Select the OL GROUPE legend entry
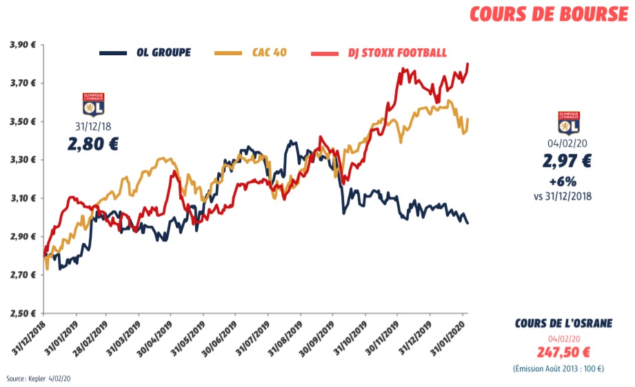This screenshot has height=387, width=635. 163,53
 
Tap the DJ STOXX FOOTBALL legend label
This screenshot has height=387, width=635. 396,53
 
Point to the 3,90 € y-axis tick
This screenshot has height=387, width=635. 22,45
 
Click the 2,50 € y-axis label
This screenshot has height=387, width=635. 22,313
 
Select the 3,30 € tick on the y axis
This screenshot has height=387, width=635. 22,160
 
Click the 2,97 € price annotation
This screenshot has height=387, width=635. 568,162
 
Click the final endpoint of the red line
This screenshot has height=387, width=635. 468,64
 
